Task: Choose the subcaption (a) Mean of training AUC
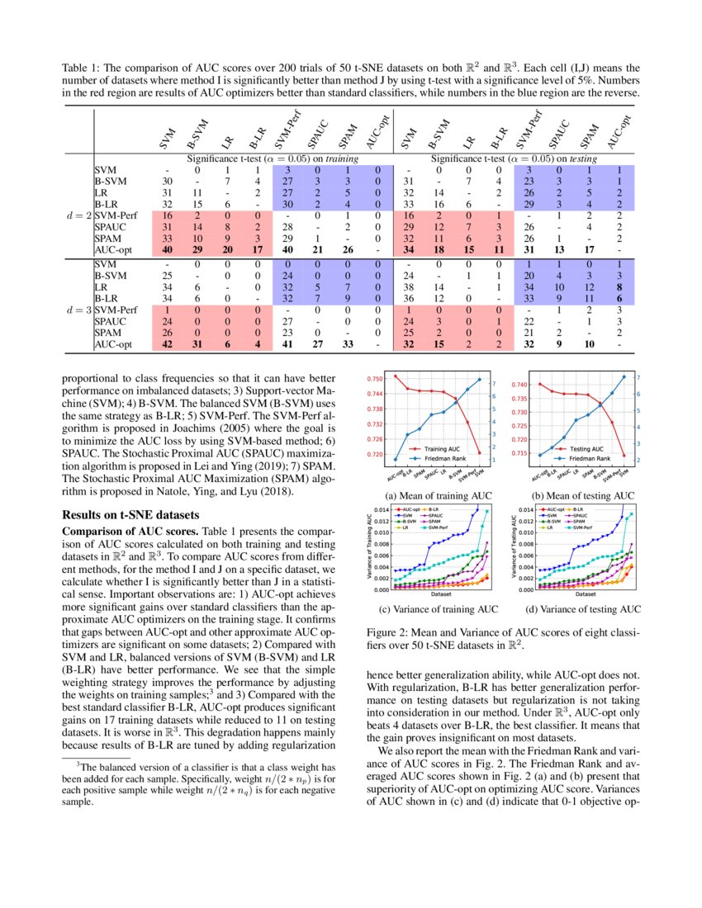(x=434, y=495)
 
